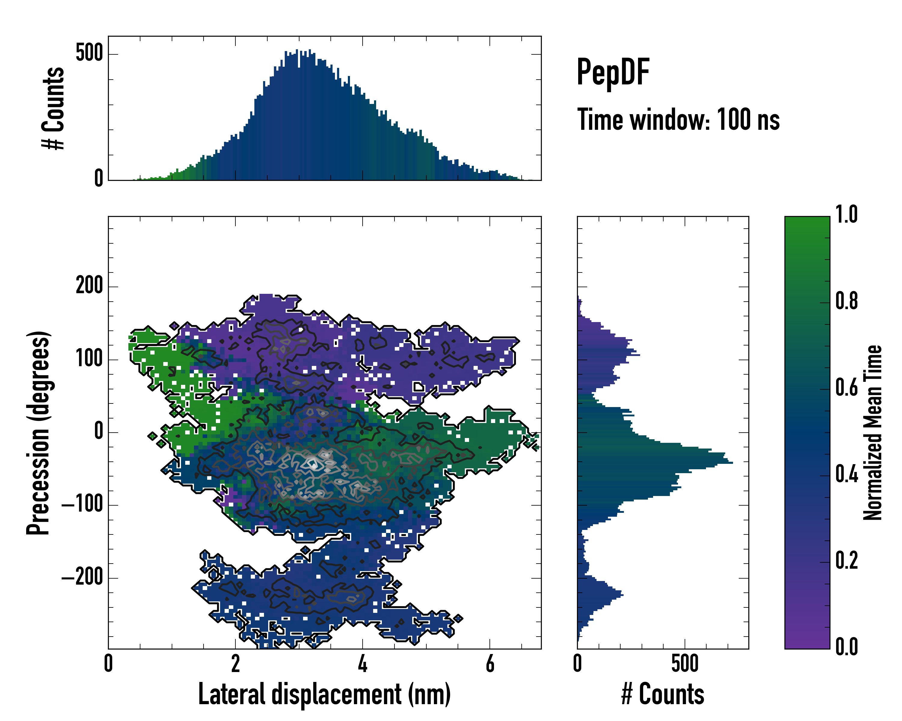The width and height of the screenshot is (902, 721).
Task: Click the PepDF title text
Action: [612, 73]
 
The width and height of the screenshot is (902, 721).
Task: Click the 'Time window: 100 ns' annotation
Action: [678, 120]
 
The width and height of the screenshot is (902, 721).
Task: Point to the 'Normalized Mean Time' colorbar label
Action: [873, 432]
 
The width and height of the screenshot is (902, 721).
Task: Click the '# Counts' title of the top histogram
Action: [54, 108]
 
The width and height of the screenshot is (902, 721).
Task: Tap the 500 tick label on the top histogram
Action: [89, 53]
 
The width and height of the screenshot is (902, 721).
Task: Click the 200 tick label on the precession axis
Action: [89, 286]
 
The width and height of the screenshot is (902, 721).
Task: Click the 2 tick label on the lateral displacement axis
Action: [235, 663]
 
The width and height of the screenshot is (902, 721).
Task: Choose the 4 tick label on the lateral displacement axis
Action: [362, 663]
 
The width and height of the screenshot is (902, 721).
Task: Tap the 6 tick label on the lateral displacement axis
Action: [490, 663]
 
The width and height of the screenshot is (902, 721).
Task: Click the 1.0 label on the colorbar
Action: [846, 215]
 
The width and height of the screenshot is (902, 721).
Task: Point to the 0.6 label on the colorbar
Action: [846, 388]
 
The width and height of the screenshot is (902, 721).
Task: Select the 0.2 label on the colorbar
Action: [846, 561]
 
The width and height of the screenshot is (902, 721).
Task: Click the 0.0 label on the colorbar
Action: [846, 647]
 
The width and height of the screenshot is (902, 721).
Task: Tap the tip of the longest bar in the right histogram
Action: [732, 463]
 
